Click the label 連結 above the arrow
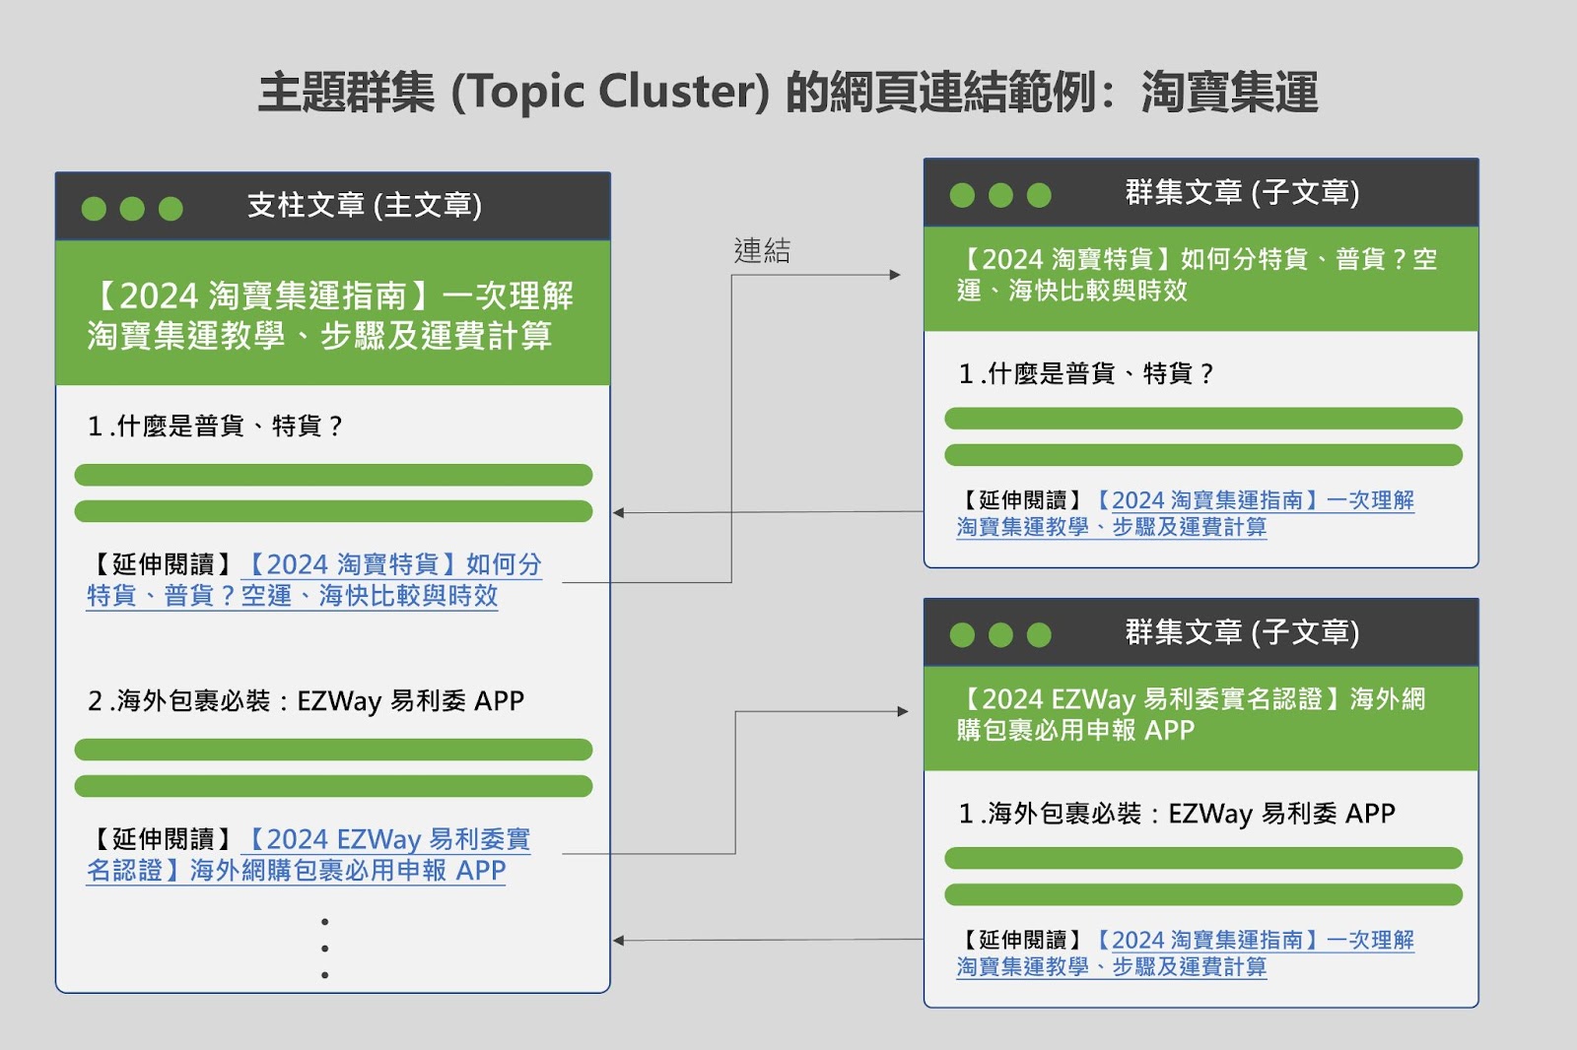pos(762,250)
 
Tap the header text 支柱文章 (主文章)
pos(365,206)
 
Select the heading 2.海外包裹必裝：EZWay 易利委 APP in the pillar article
pos(306,701)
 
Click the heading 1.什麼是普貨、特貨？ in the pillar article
pos(216,426)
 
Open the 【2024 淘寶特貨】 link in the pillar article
pos(314,580)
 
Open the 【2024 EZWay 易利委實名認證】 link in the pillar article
pos(309,854)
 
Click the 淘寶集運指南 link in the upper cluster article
pos(1186,513)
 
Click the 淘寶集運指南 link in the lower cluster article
pos(1186,952)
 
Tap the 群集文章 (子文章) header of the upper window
pos(1242,193)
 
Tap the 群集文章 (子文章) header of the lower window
pos(1242,632)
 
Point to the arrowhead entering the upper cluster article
pos(896,275)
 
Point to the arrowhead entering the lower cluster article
pos(903,711)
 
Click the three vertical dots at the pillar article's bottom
pos(324,948)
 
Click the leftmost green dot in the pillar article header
pos(94,208)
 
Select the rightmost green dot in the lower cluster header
pos(1039,634)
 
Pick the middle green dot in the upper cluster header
pos(1000,195)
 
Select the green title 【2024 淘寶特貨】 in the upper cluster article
pos(1197,275)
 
